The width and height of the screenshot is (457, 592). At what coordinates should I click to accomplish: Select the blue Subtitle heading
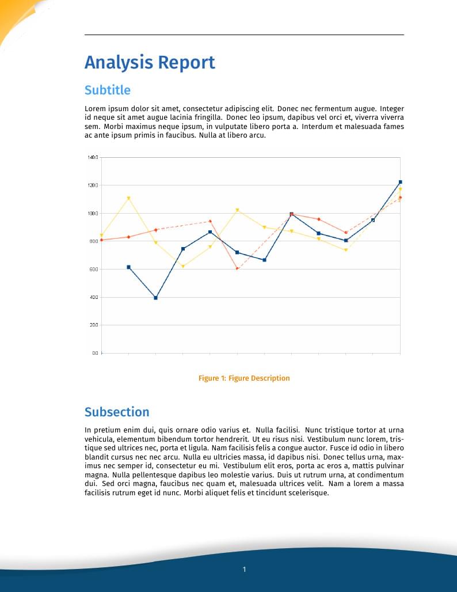(108, 90)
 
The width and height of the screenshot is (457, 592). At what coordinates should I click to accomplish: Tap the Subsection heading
(117, 412)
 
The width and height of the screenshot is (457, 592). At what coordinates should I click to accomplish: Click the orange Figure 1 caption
(244, 378)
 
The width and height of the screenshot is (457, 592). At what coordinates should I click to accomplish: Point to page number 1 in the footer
(244, 570)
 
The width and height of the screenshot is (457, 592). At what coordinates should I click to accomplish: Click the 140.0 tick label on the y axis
(93, 157)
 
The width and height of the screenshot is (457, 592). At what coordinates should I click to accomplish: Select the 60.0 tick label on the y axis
(93, 270)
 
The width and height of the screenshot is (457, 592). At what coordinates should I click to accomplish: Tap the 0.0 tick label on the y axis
(94, 353)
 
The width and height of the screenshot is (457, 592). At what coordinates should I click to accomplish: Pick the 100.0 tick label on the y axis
(93, 214)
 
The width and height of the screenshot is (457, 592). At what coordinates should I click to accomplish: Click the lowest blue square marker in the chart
(155, 298)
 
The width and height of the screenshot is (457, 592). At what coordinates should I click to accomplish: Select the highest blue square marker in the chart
(400, 182)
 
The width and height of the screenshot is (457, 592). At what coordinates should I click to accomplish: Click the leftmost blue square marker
(128, 267)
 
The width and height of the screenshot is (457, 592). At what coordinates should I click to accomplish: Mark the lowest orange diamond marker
(237, 269)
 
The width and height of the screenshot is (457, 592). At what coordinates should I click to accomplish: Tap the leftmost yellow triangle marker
(101, 235)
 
